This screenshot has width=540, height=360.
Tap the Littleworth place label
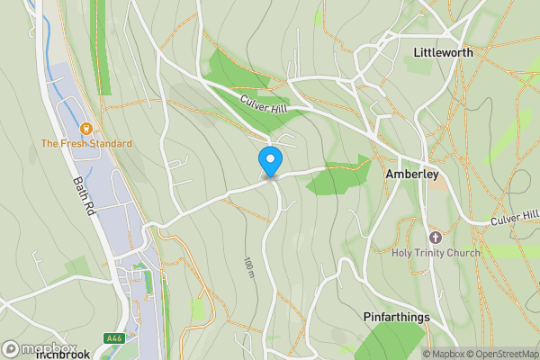tap(443, 53)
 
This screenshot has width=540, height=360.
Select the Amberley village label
tap(411, 174)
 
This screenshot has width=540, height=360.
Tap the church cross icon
tap(436, 237)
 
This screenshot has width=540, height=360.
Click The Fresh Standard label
tap(86, 144)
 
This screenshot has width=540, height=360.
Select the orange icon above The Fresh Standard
tap(86, 129)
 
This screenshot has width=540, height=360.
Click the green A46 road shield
tap(113, 338)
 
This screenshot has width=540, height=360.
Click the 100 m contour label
tap(248, 266)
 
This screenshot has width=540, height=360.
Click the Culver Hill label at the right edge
tap(515, 217)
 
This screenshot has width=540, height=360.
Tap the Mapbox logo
tap(38, 348)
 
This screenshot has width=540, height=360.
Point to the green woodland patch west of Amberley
tap(337, 176)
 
